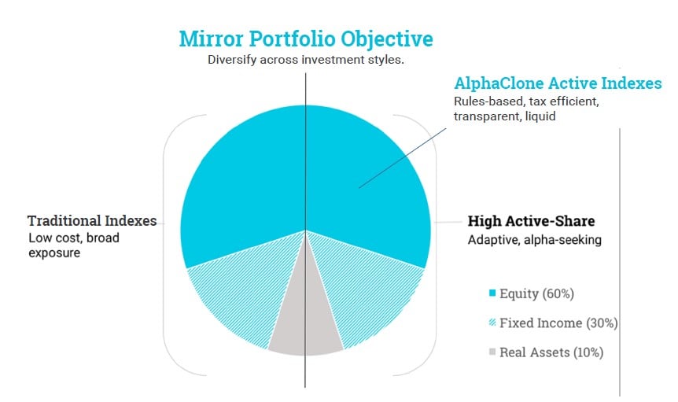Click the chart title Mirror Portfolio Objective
[306, 39]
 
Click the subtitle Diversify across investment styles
[306, 60]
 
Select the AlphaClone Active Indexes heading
[558, 83]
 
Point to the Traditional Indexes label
[92, 221]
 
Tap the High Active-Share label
[532, 221]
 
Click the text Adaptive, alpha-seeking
[534, 240]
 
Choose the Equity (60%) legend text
[536, 294]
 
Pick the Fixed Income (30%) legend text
[558, 323]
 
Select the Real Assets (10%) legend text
[551, 352]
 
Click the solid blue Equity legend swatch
[492, 293]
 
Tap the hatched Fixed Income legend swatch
[492, 323]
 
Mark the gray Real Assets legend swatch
[492, 352]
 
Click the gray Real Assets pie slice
[306, 320]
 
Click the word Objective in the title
[386, 39]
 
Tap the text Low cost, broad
[73, 238]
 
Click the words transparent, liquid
[505, 116]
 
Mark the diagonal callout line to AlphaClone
[402, 158]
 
